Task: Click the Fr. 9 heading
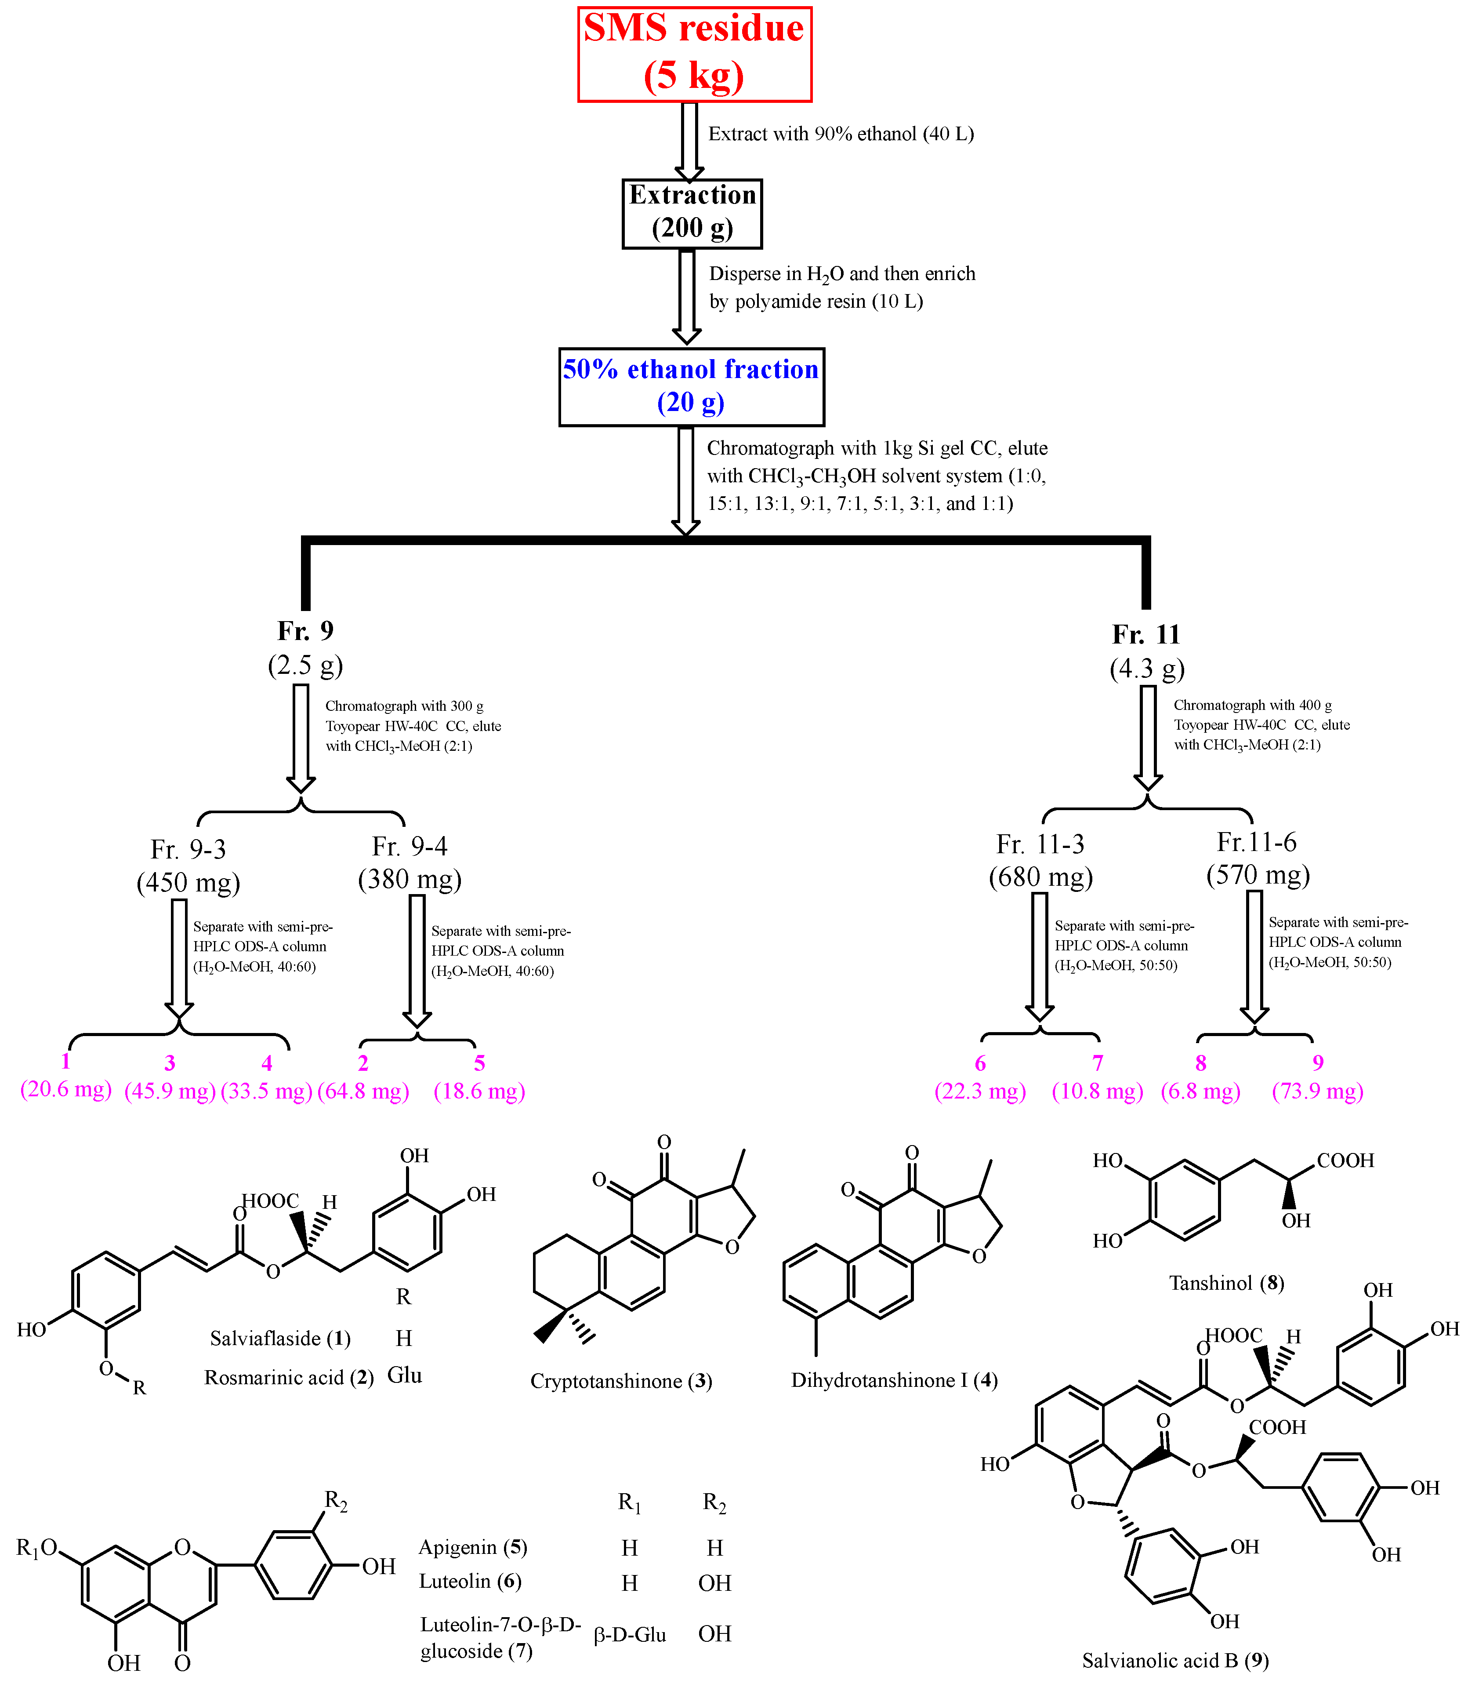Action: tap(305, 630)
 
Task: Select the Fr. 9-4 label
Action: tap(410, 846)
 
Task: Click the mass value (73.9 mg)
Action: tap(1317, 1091)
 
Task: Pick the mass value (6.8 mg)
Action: tap(1200, 1091)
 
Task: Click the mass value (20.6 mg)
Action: tap(65, 1089)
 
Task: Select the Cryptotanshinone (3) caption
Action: tap(621, 1381)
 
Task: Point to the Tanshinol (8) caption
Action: tap(1225, 1283)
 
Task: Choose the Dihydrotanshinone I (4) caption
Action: tap(894, 1380)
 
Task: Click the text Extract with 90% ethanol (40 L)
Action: tap(841, 134)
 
